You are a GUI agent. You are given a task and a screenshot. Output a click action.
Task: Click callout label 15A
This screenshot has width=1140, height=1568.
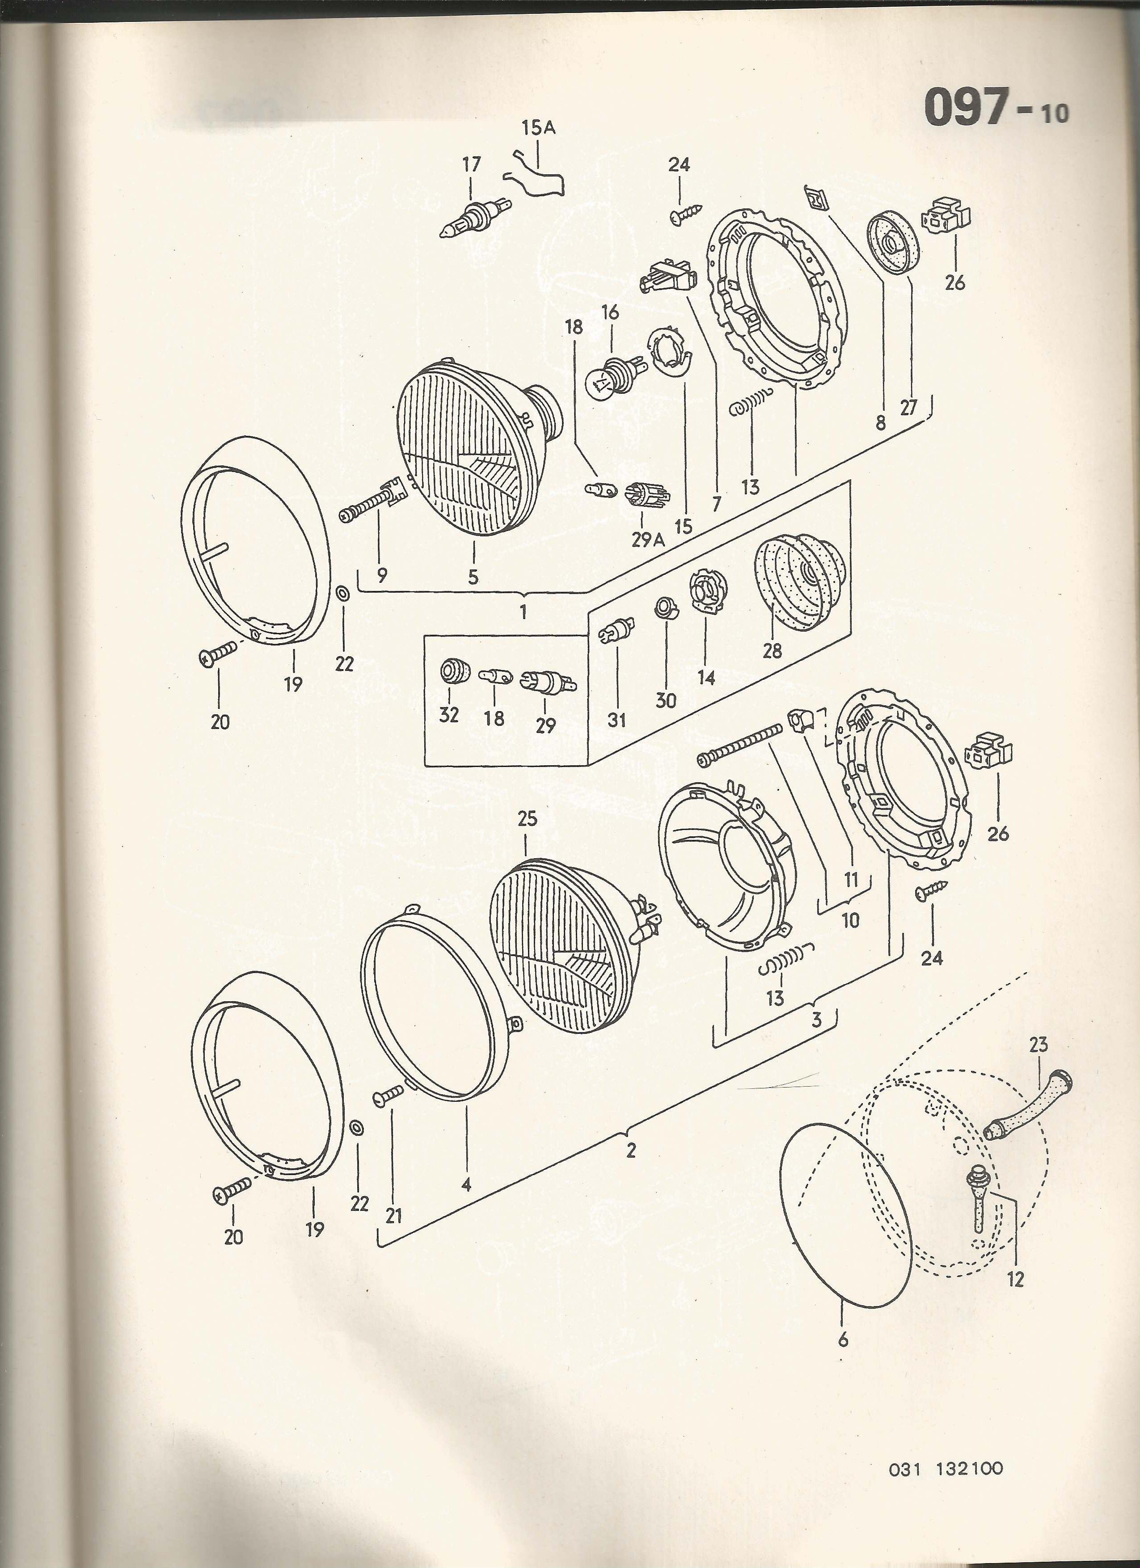point(539,128)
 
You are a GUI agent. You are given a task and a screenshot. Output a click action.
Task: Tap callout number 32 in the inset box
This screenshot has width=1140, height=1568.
point(449,715)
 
